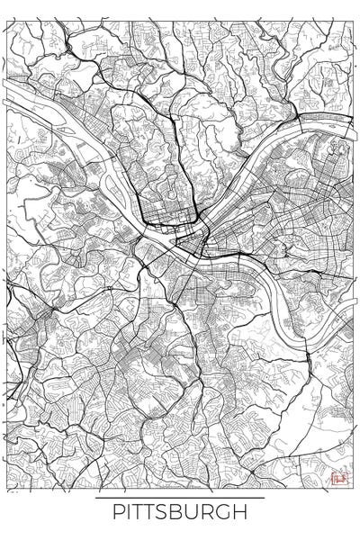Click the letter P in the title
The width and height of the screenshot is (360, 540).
pyautogui.click(x=117, y=513)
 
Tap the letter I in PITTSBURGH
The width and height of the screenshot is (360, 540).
pyautogui.click(x=129, y=513)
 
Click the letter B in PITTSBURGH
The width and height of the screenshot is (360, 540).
pyautogui.click(x=183, y=513)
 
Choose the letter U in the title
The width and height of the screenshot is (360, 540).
pyautogui.click(x=198, y=513)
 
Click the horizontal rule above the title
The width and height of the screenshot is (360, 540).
pyautogui.click(x=180, y=498)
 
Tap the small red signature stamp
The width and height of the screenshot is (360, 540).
pyautogui.click(x=338, y=480)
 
